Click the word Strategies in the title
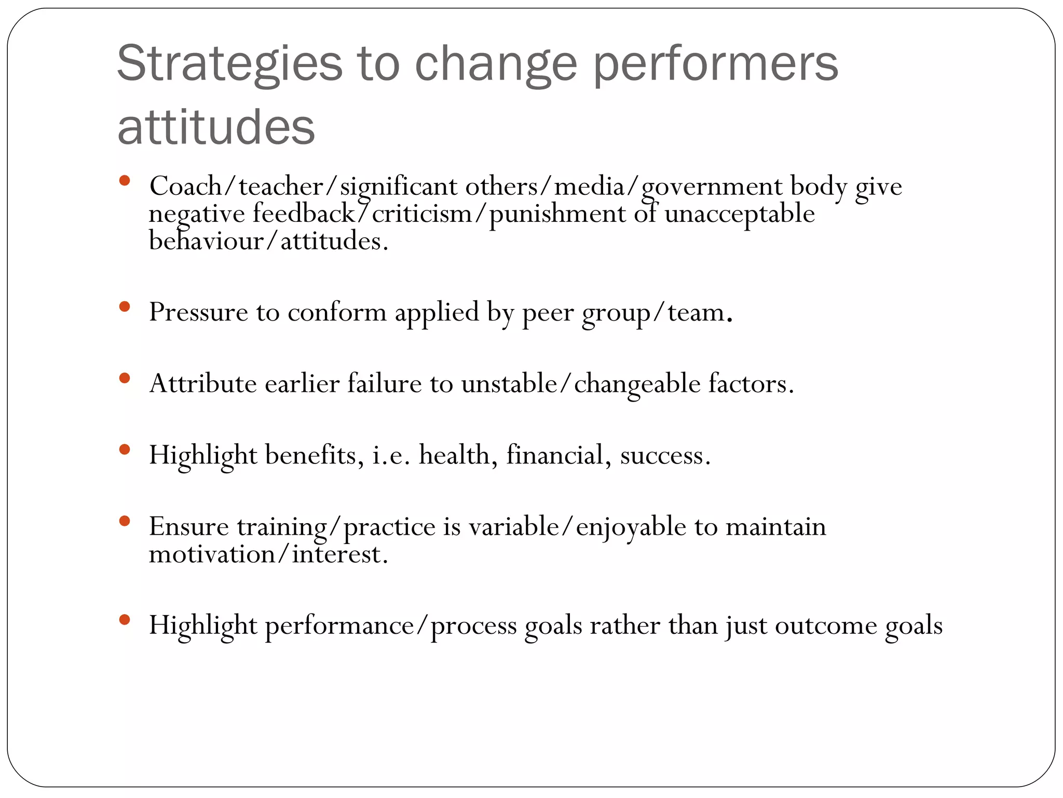229,64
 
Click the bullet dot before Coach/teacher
124,181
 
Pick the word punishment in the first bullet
557,214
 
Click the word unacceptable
740,214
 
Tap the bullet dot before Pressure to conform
124,307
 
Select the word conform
337,312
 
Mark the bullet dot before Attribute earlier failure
124,378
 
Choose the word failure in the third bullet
384,384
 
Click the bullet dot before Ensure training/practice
124,521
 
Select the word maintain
775,527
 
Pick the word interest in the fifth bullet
339,554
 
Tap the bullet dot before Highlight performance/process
124,619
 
